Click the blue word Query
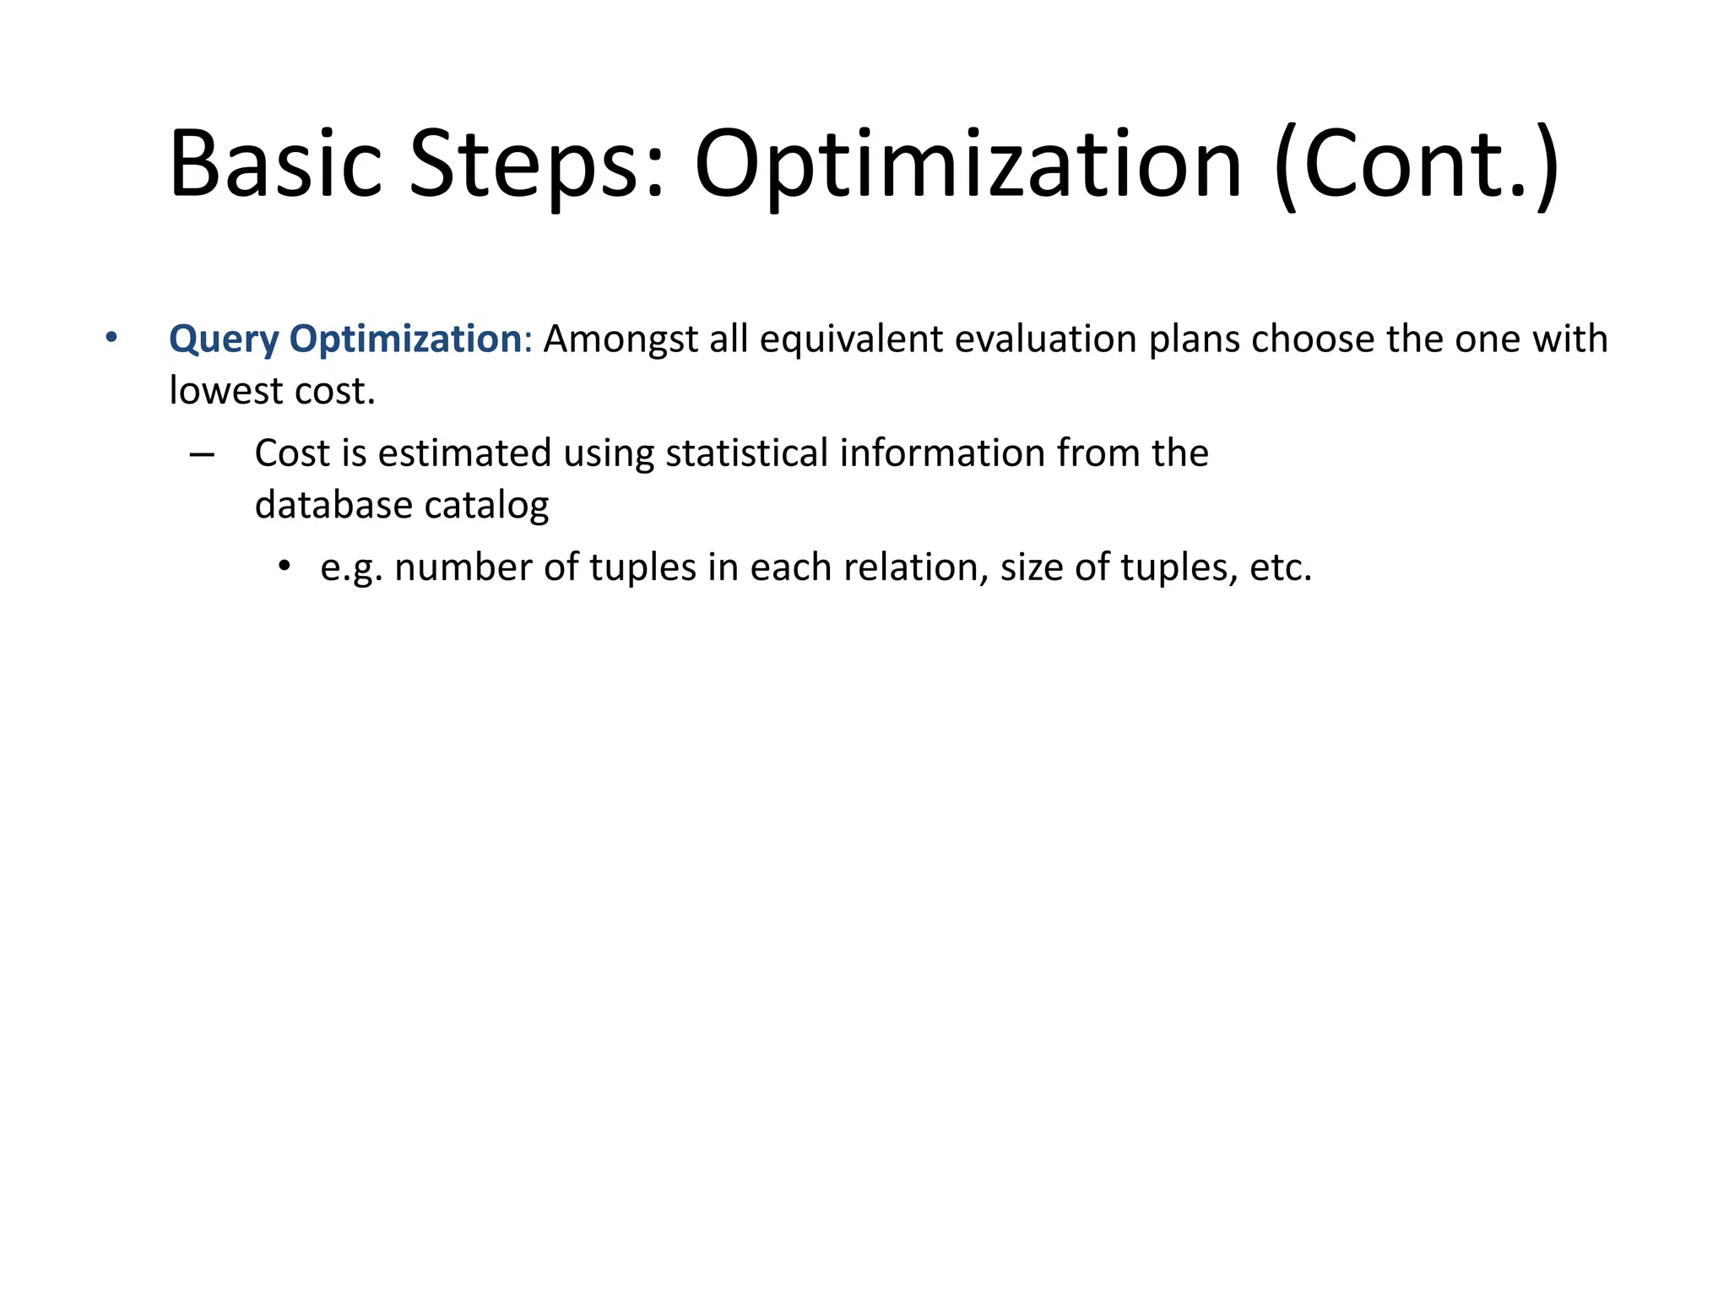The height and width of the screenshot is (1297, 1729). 224,339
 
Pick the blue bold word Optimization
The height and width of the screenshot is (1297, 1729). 405,339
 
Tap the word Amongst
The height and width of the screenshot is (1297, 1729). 621,339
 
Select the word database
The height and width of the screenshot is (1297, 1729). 333,506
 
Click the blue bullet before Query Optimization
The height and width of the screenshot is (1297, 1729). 111,339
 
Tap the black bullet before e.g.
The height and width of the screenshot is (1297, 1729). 285,567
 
